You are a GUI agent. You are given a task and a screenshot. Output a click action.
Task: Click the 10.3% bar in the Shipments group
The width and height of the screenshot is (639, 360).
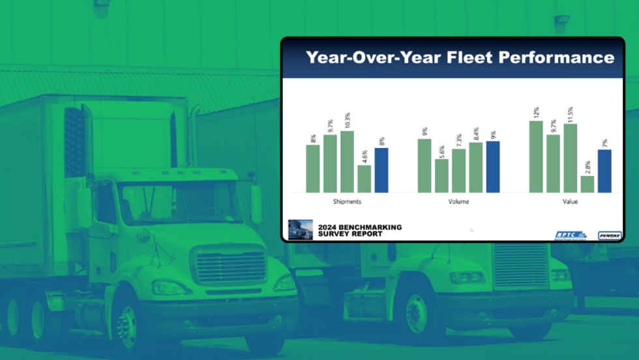coord(347,162)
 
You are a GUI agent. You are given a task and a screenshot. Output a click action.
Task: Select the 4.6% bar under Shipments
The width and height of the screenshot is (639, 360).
coord(364,179)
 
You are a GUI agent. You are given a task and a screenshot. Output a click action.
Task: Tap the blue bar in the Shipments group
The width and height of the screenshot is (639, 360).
coord(381,170)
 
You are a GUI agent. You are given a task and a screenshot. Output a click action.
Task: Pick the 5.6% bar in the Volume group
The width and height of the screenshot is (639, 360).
coord(441,175)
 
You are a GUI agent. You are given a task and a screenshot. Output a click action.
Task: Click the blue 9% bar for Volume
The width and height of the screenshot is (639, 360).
coord(492,167)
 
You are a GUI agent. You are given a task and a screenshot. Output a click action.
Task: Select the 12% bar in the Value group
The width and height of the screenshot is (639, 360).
coord(536,157)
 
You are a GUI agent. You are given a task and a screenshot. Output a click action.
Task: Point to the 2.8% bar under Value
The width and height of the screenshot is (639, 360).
coord(587,184)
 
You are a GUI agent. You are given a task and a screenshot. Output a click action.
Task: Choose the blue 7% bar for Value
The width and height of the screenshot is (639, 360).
coord(604,171)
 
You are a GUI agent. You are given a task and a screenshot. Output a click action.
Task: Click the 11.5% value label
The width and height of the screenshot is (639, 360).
coord(571,113)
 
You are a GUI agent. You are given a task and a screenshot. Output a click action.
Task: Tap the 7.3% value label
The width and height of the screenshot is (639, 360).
coord(458,140)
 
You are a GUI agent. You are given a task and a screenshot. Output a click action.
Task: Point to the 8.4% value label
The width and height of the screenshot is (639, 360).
coord(476,134)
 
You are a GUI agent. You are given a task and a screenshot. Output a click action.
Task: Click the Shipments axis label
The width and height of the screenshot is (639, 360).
coord(347,202)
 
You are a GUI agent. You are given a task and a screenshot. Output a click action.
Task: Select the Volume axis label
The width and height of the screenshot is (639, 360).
coord(458,202)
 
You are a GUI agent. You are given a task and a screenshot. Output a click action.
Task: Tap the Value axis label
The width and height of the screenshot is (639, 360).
coord(570,202)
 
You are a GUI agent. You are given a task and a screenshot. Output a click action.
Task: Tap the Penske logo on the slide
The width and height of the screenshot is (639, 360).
coord(609,235)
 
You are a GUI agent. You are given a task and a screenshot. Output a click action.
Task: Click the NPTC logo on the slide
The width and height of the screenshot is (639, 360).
coord(571,235)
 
